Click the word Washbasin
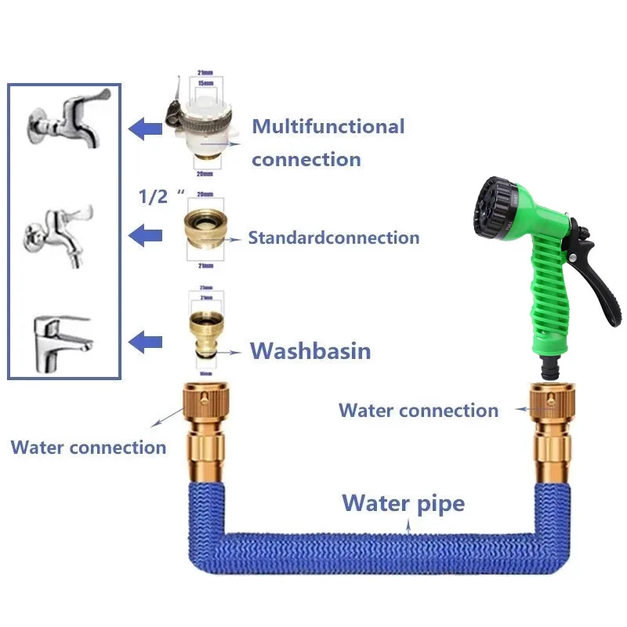[310, 350]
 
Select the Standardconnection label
[334, 237]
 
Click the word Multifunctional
[328, 126]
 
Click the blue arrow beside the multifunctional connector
[145, 128]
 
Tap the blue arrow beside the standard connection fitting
[145, 234]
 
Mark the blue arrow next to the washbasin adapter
[145, 341]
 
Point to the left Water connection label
[88, 448]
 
